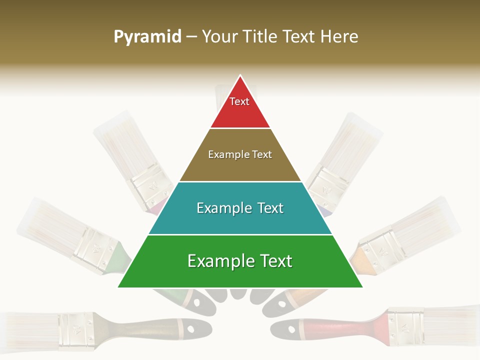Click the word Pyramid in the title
tap(147, 37)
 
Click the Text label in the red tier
tap(239, 101)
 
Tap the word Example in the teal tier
tap(221, 208)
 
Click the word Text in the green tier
tap(272, 261)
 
